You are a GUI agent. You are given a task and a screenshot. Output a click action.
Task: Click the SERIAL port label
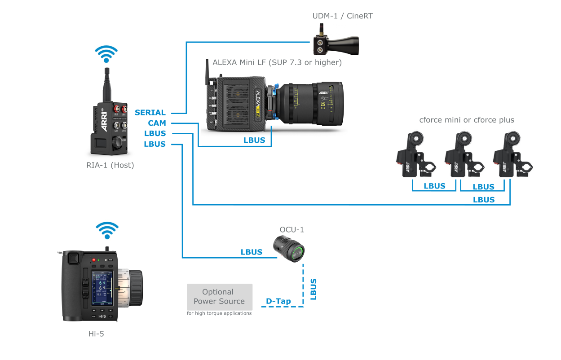pos(150,113)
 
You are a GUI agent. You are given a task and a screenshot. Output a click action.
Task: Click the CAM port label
pos(157,123)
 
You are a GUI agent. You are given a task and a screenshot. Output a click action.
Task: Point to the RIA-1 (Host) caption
pos(110,165)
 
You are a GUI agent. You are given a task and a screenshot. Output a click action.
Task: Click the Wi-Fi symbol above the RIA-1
pos(106,54)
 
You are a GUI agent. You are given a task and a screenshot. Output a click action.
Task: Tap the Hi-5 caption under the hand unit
pos(96,334)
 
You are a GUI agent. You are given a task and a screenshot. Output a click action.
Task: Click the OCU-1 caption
pos(292,230)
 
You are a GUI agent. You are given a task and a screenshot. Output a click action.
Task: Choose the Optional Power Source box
pos(220,297)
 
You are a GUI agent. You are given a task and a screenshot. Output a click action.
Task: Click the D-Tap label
pos(278,301)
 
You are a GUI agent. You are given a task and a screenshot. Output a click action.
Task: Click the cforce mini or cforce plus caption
pos(466,120)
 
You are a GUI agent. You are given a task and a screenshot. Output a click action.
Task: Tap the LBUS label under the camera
pos(254,140)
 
